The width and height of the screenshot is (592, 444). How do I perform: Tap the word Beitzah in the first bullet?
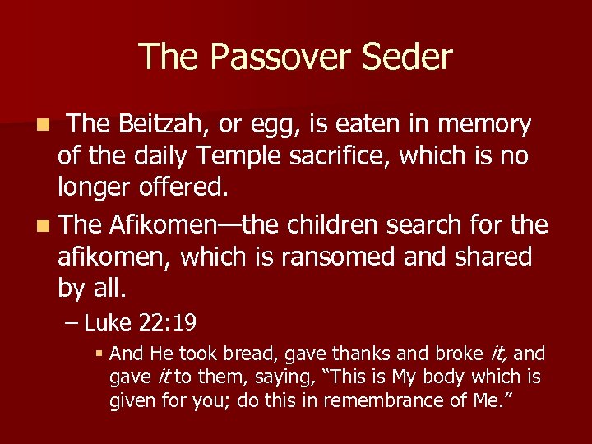pyautogui.click(x=154, y=124)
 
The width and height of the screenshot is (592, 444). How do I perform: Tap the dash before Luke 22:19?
pyautogui.click(x=72, y=322)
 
